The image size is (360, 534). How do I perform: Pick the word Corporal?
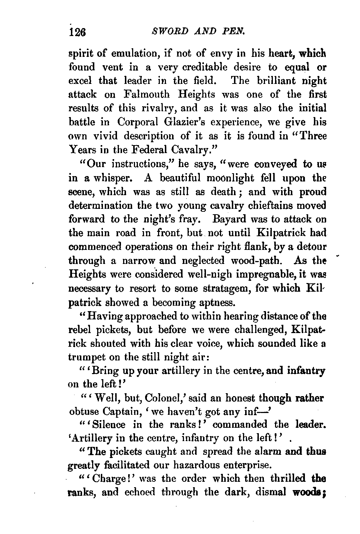tap(136, 122)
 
